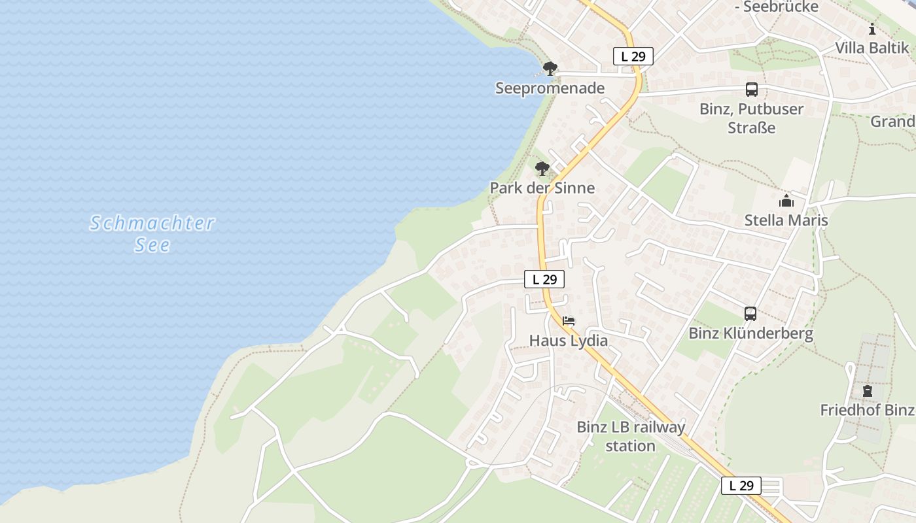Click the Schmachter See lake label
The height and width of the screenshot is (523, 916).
coord(152,233)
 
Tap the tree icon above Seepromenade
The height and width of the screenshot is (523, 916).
coord(550,68)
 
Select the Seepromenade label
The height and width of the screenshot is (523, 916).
coord(550,88)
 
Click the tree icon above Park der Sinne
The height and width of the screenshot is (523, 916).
coord(542,169)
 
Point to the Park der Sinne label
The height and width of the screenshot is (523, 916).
coord(542,188)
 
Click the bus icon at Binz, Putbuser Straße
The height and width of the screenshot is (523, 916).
coord(751,90)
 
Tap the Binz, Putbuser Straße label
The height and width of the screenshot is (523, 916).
coord(751,118)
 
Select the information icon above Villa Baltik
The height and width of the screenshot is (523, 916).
coord(872,29)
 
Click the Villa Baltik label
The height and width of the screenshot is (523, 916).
coord(872,48)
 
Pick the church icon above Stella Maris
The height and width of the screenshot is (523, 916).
coord(786,201)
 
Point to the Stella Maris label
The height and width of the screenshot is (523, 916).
coord(786,220)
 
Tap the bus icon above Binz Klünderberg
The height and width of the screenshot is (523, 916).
coord(750,314)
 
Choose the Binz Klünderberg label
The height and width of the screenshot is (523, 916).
coord(750,333)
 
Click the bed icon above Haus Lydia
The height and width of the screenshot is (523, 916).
coord(569,321)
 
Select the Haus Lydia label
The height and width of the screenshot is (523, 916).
coord(568,341)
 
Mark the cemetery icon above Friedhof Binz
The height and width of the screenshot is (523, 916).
coord(867,391)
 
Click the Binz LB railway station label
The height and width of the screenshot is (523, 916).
coord(631,436)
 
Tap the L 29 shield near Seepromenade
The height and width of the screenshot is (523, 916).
coord(633,56)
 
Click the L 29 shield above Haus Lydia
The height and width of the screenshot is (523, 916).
coord(544,279)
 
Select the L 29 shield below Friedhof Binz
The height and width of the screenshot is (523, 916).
coord(741,485)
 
